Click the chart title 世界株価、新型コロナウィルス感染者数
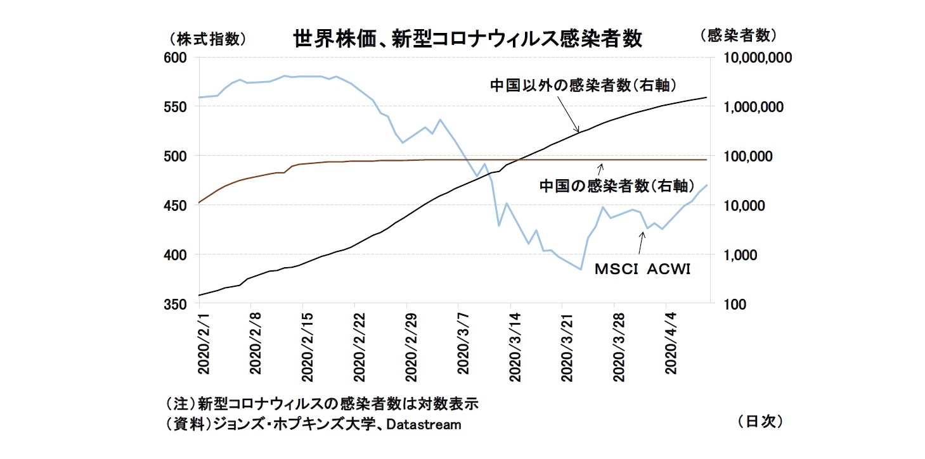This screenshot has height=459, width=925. pos(467,39)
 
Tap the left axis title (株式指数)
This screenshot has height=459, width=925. pos(204,39)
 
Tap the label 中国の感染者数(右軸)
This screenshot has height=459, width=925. pos(614,185)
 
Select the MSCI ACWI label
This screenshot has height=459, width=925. pos(642,269)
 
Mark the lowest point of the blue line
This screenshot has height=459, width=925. pos(581,269)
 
